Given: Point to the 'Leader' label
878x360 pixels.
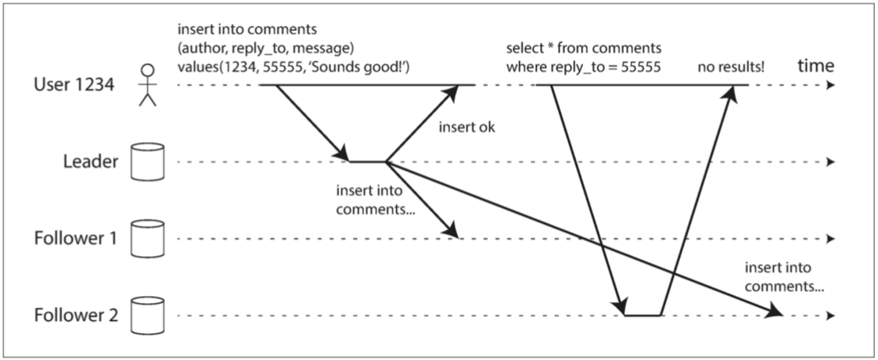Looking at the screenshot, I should pyautogui.click(x=92, y=162).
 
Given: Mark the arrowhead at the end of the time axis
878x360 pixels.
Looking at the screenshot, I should pyautogui.click(x=829, y=85).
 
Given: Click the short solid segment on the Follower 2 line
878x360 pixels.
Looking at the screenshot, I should pyautogui.click(x=642, y=315).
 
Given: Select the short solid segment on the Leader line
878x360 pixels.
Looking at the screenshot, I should pyautogui.click(x=368, y=162).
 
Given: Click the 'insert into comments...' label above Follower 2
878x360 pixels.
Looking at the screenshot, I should pyautogui.click(x=779, y=278).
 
